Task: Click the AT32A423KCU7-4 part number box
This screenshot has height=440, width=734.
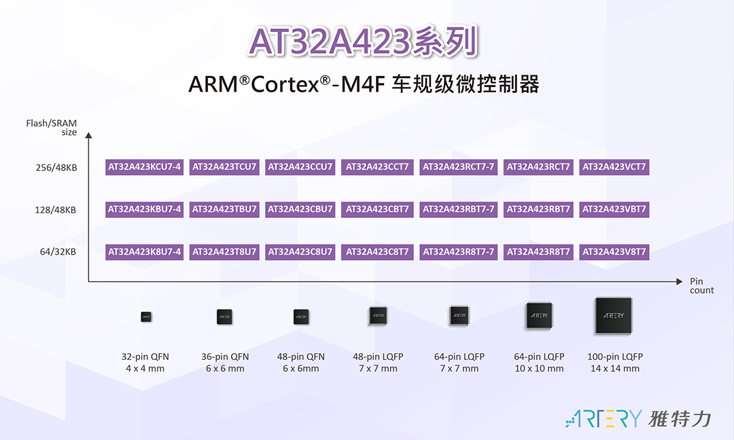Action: [x=144, y=167]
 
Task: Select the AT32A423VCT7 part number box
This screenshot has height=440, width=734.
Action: [x=614, y=167]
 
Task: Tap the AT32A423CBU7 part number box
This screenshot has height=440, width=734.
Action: [x=300, y=210]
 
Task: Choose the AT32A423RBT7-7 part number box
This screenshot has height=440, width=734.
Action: [x=458, y=210]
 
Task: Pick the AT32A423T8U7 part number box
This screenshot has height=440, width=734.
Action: [x=224, y=252]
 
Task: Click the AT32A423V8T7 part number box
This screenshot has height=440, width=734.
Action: [x=614, y=252]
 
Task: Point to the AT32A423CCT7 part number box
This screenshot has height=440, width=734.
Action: [x=377, y=167]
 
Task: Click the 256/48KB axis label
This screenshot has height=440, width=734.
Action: [x=56, y=168]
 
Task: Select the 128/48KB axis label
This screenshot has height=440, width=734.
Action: [x=55, y=210]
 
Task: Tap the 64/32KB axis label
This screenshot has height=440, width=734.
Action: [x=58, y=252]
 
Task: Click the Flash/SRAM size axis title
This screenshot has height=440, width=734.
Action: [x=52, y=127]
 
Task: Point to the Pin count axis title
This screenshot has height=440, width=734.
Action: [x=701, y=286]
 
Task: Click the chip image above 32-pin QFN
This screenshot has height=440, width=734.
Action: [x=146, y=317]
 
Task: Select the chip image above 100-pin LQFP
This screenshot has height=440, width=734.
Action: [x=614, y=316]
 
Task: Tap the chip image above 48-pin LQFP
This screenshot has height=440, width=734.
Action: [x=378, y=316]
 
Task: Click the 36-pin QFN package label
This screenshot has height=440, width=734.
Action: [x=225, y=356]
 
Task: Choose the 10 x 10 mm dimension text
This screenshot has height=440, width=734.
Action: [x=539, y=369]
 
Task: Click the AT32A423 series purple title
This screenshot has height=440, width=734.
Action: [x=363, y=41]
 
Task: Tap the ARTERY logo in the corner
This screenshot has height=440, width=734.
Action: [x=638, y=418]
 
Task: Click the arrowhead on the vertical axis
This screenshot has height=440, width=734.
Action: [x=88, y=136]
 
